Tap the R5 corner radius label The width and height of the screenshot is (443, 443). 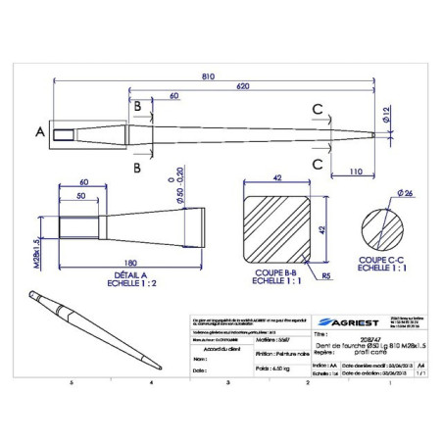[324, 276]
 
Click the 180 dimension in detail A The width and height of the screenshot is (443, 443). [129, 261]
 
